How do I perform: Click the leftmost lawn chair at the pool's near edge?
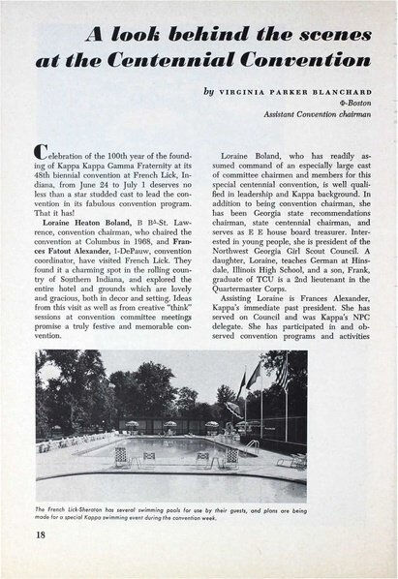coord(120,455)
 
